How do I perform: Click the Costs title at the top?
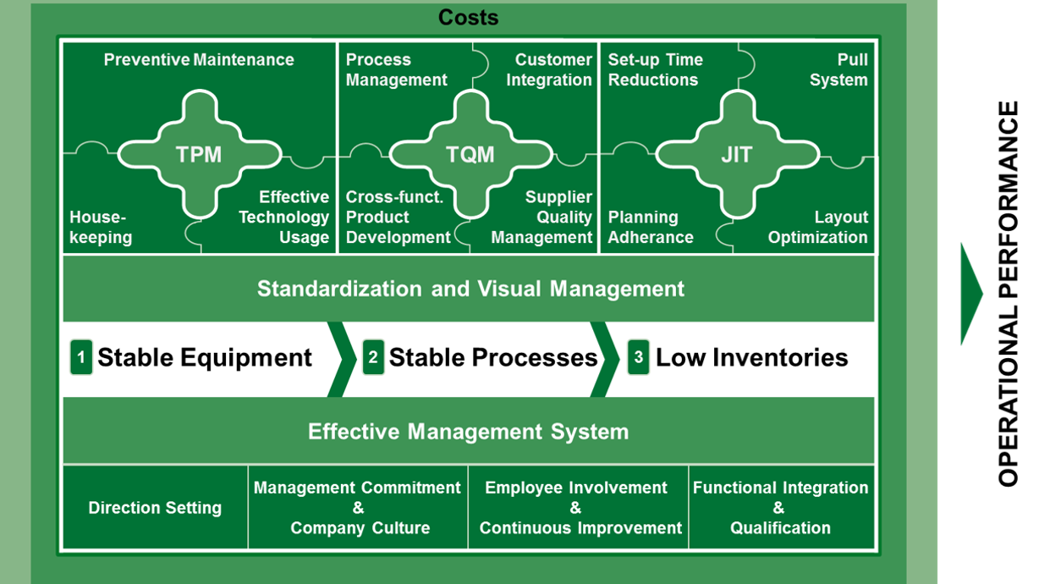[468, 17]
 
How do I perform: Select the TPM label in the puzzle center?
[199, 155]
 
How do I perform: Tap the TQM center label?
[470, 155]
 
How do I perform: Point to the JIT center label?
[737, 155]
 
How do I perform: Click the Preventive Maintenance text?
[199, 60]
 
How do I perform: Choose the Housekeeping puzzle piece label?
[101, 228]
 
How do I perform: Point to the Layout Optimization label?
[818, 228]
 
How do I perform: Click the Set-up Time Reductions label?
[654, 70]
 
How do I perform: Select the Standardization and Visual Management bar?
[470, 289]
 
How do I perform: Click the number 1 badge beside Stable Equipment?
[81, 357]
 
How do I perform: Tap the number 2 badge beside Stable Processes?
[373, 357]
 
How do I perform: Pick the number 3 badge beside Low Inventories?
[639, 357]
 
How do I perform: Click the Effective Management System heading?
[468, 432]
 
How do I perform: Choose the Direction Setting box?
[156, 508]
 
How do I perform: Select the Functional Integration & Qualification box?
[781, 508]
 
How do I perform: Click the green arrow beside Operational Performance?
[971, 294]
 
